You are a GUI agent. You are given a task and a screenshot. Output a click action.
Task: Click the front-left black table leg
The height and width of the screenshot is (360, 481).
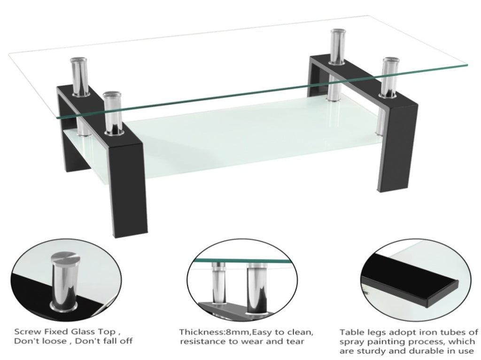pos(129,184)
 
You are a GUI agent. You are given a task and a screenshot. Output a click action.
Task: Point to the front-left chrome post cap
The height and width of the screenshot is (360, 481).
pos(112,94)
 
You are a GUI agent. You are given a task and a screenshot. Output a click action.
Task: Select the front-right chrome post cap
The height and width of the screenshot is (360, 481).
pos(389,60)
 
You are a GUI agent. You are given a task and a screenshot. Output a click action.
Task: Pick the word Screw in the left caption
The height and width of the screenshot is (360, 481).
pos(27,332)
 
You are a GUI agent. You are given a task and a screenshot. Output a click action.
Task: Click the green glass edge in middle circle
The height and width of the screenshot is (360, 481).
pos(242,261)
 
